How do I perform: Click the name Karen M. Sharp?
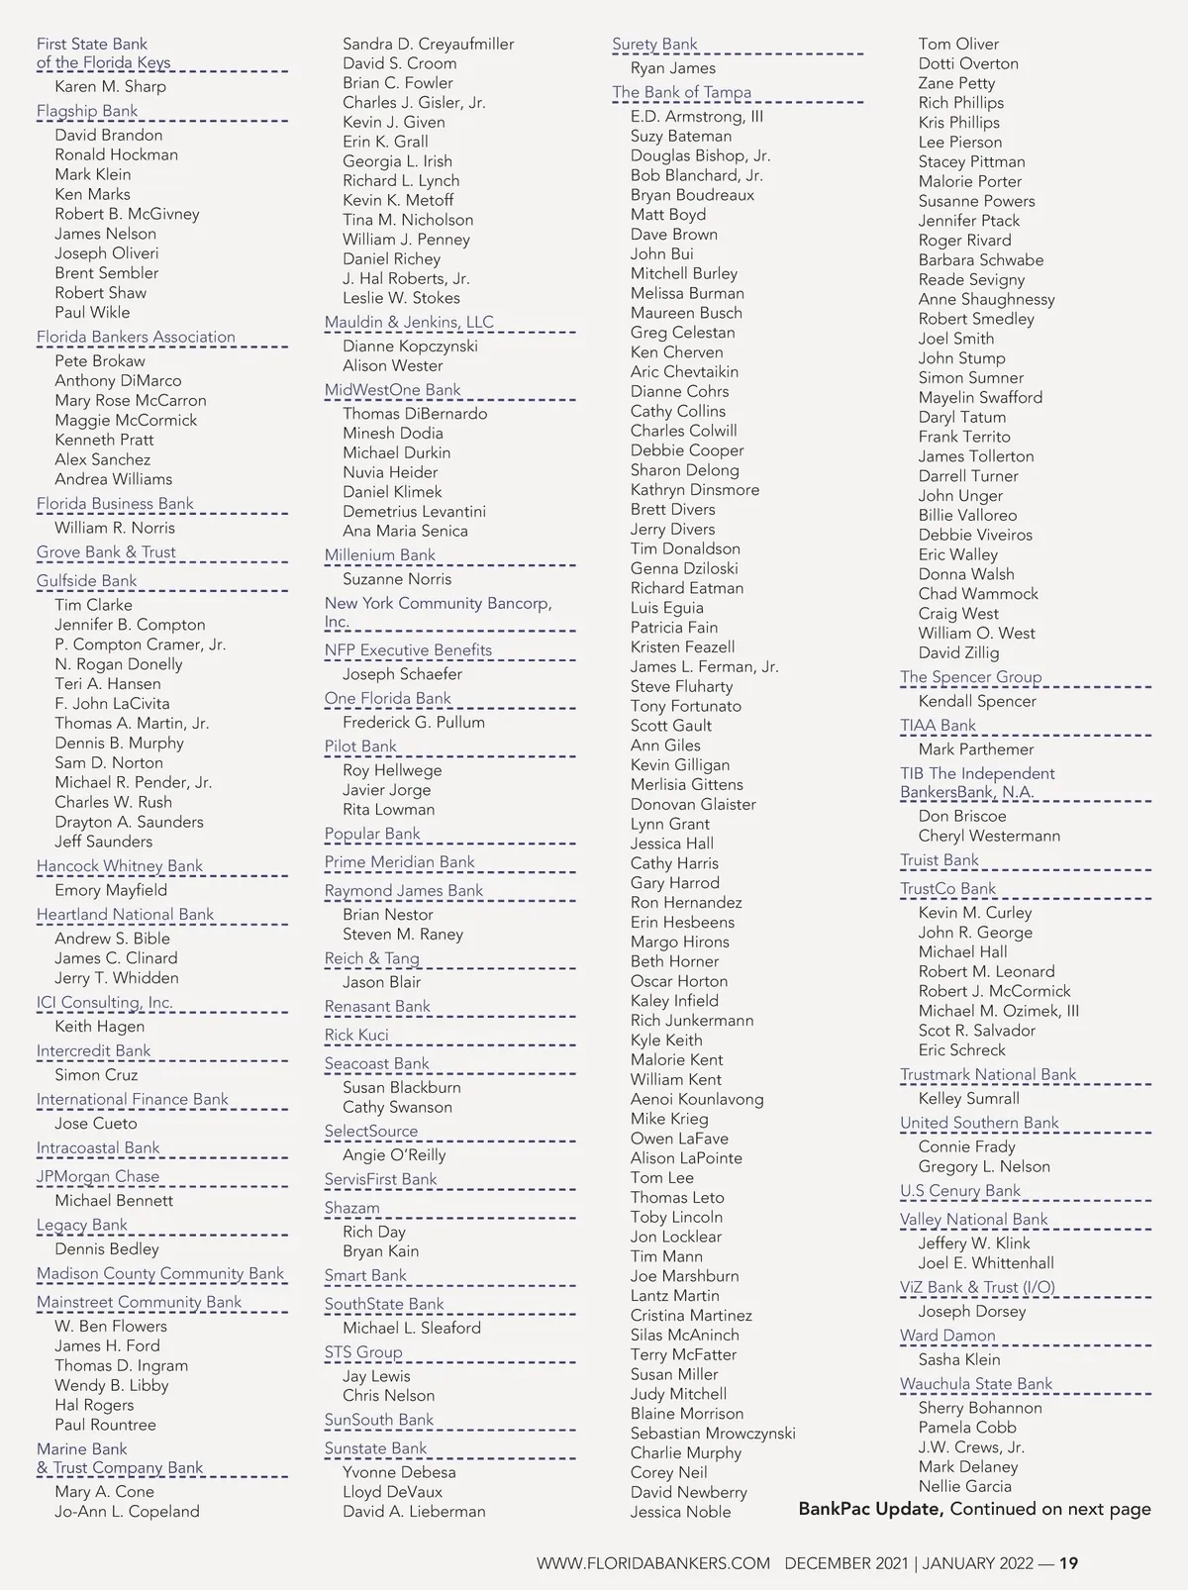pyautogui.click(x=110, y=86)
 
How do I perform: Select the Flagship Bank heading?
pyautogui.click(x=87, y=111)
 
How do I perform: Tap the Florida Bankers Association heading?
pyautogui.click(x=136, y=337)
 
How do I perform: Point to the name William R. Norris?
pyautogui.click(x=115, y=528)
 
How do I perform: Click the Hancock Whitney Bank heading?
pyautogui.click(x=120, y=865)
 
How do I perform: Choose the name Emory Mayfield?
pyautogui.click(x=111, y=890)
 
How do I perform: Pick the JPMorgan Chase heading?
pyautogui.click(x=98, y=1176)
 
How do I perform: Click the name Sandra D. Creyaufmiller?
pyautogui.click(x=428, y=44)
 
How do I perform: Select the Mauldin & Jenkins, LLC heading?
pyautogui.click(x=409, y=322)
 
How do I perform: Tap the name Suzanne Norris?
pyautogui.click(x=397, y=579)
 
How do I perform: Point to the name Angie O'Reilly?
pyautogui.click(x=394, y=1154)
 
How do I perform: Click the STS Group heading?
pyautogui.click(x=363, y=1351)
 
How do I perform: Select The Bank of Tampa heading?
pyautogui.click(x=681, y=92)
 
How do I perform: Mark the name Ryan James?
pyautogui.click(x=672, y=68)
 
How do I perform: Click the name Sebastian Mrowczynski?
pyautogui.click(x=713, y=1433)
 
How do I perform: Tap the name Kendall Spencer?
pyautogui.click(x=977, y=701)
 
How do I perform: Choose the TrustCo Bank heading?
pyautogui.click(x=947, y=888)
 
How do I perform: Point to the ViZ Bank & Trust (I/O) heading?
pyautogui.click(x=977, y=1287)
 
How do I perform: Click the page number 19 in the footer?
pyautogui.click(x=1068, y=1563)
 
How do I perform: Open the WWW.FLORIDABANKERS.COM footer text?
pyautogui.click(x=652, y=1563)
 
